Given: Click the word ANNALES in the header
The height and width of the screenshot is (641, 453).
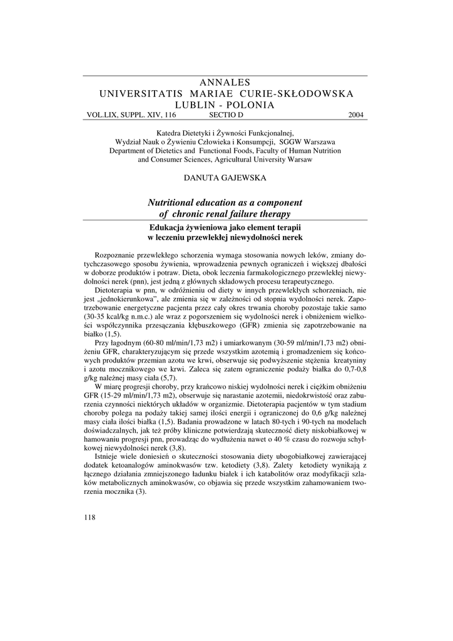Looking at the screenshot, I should coord(227,82).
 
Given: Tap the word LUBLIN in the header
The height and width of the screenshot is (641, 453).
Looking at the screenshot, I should coord(197,105).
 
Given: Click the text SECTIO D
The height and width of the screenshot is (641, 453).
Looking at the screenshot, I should coord(227,115).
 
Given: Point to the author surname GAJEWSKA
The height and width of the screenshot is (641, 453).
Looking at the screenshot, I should coord(245,178).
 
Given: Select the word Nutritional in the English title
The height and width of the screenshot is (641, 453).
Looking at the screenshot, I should coord(173,202).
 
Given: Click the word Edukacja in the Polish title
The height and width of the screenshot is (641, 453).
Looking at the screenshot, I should coord(163,227).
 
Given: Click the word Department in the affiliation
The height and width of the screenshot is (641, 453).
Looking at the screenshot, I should coord(132,150).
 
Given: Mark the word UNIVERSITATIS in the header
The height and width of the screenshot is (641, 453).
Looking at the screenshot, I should coord(141,93).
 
